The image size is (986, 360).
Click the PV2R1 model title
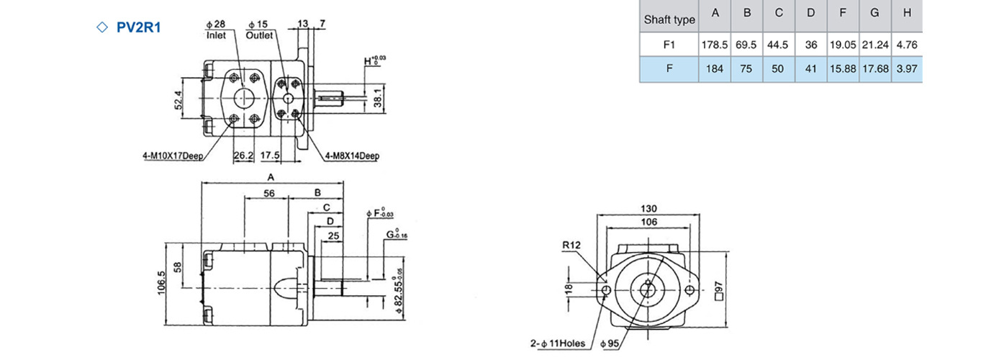138,27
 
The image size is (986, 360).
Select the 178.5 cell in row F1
715,45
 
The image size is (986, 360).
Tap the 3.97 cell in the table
907,68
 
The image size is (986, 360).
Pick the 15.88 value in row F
843,68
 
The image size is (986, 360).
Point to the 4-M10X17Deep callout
173,156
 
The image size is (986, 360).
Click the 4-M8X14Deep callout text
352,156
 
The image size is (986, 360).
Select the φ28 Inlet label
216,30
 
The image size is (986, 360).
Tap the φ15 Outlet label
259,30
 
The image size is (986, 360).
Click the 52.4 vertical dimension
178,100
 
